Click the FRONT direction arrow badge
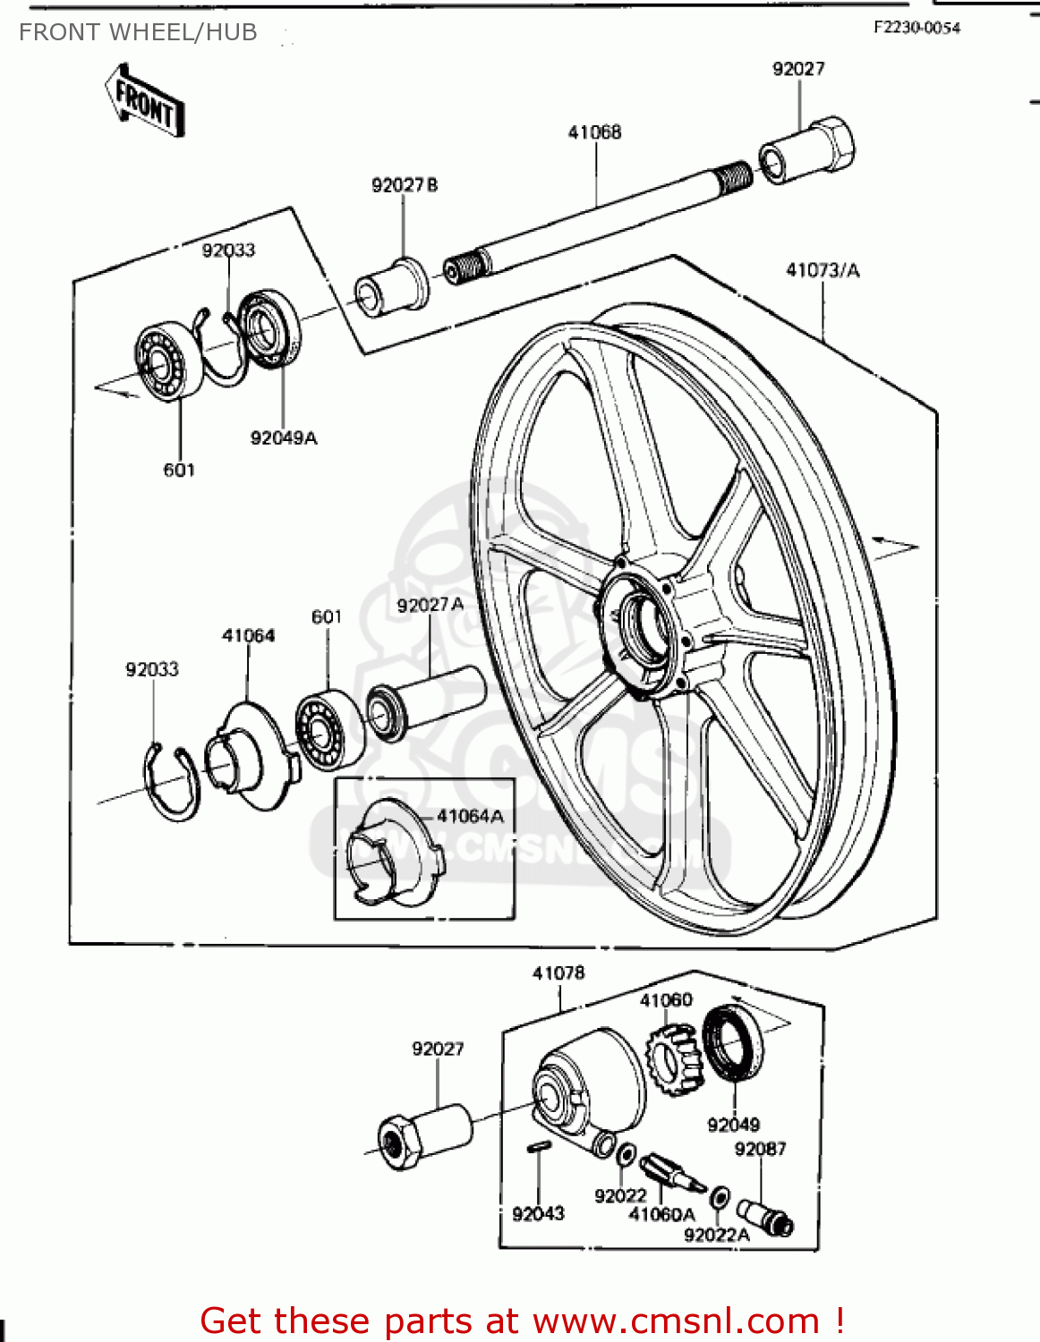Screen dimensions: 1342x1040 tap(146, 101)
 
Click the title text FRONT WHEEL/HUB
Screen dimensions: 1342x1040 tap(138, 33)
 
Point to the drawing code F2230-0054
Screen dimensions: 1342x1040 tap(916, 28)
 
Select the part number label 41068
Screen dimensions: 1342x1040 tap(594, 132)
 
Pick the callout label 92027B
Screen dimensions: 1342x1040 tap(405, 185)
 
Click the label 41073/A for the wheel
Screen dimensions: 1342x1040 tap(822, 270)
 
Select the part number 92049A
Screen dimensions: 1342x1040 tap(284, 437)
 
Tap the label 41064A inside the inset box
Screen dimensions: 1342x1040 tap(470, 816)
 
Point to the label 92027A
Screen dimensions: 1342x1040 tap(430, 605)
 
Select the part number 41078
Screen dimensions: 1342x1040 tap(558, 973)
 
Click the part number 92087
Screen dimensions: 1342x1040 tap(760, 1149)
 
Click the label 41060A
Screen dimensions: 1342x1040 tap(661, 1214)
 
